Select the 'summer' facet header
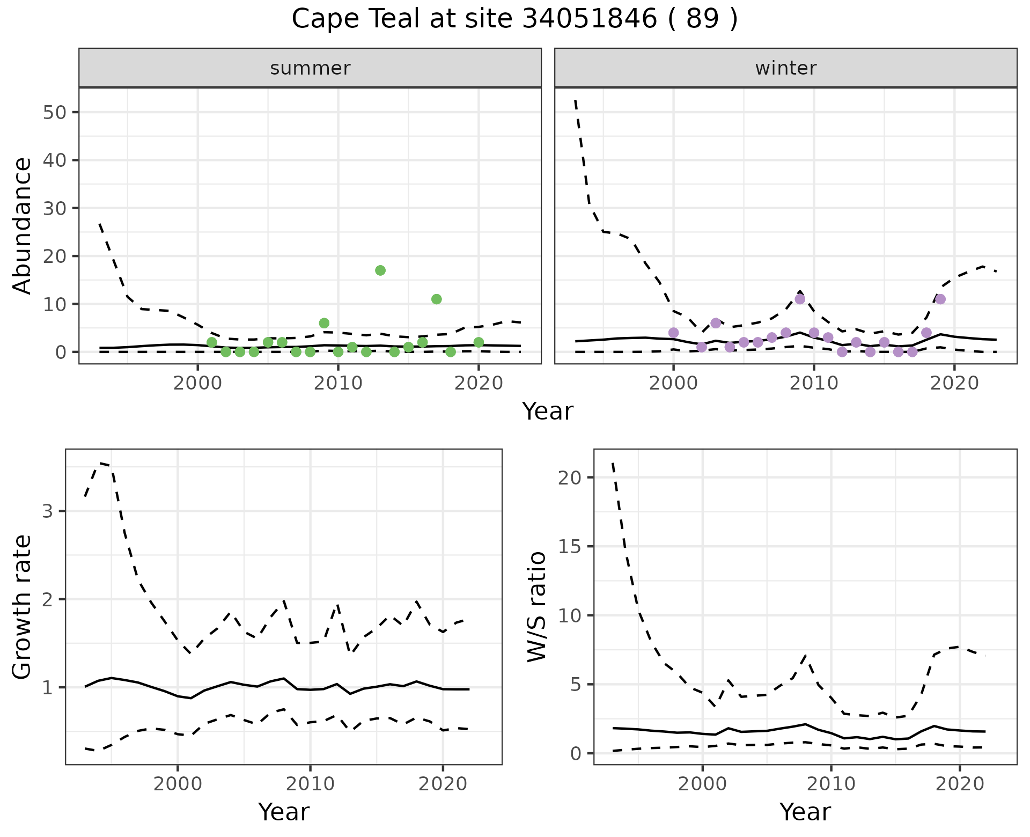click(x=310, y=68)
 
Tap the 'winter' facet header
click(x=785, y=68)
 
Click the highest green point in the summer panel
click(x=380, y=270)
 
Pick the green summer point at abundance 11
click(x=437, y=299)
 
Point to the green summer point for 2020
click(x=479, y=342)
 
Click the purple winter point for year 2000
click(x=674, y=333)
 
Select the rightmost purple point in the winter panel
click(x=940, y=299)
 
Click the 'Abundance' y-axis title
click(x=23, y=226)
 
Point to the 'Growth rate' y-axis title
click(x=23, y=607)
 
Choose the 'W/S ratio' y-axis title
click(x=537, y=607)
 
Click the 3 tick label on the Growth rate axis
click(x=48, y=511)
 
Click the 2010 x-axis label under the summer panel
click(x=338, y=383)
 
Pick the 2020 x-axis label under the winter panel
click(x=954, y=383)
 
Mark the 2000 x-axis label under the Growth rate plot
click(x=178, y=784)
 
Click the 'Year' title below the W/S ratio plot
click(x=805, y=812)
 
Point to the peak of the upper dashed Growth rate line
click(x=98, y=462)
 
